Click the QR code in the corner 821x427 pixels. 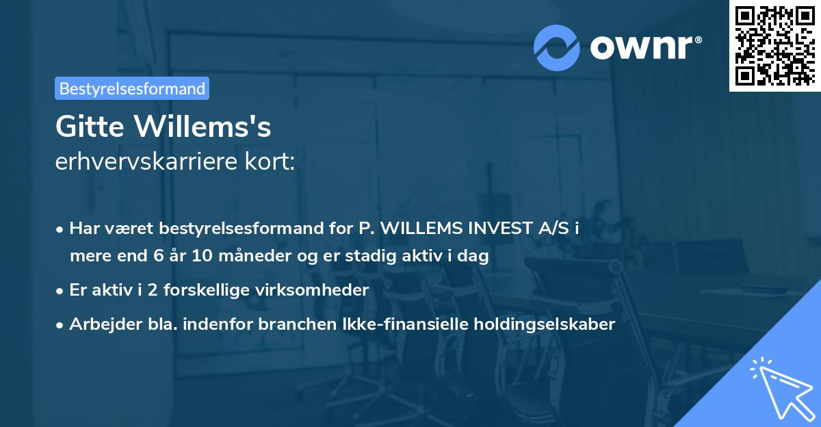[x=775, y=45]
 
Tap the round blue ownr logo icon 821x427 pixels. [x=556, y=47]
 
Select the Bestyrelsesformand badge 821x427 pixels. [x=132, y=88]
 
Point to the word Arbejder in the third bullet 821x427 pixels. [x=101, y=324]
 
